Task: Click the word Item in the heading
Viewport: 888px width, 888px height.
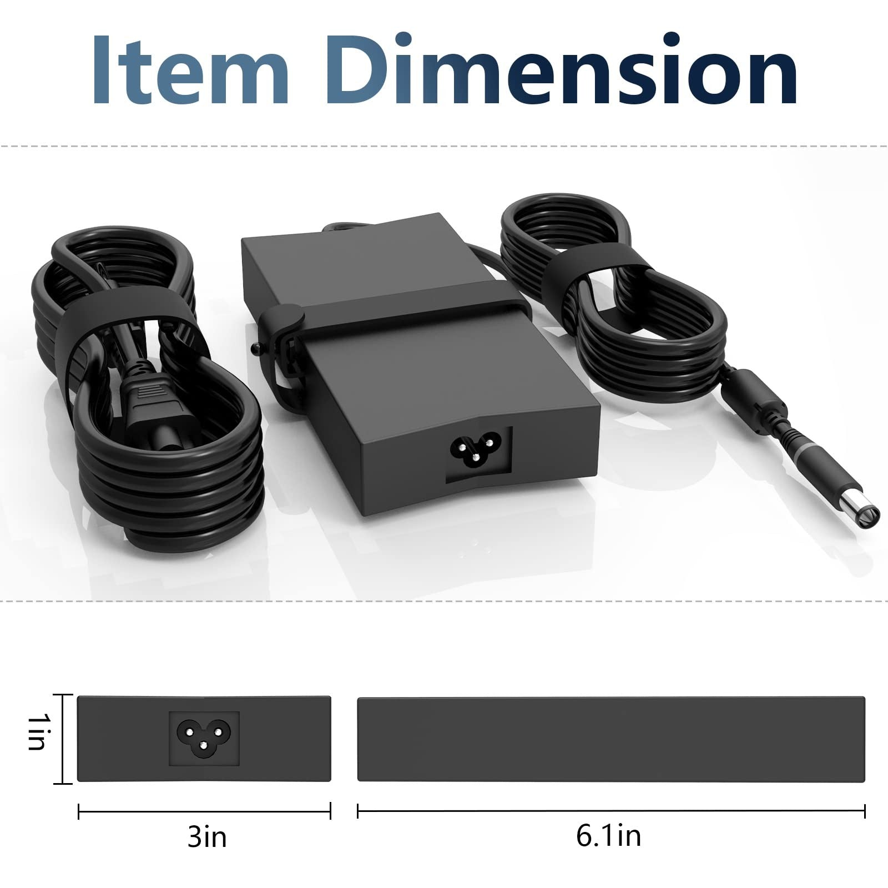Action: click(190, 69)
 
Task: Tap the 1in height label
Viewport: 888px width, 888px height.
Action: click(37, 731)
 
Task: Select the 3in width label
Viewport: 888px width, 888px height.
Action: click(207, 836)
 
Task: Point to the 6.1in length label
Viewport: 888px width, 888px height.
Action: click(608, 836)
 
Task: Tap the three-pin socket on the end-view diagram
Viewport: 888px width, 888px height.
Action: click(204, 739)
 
